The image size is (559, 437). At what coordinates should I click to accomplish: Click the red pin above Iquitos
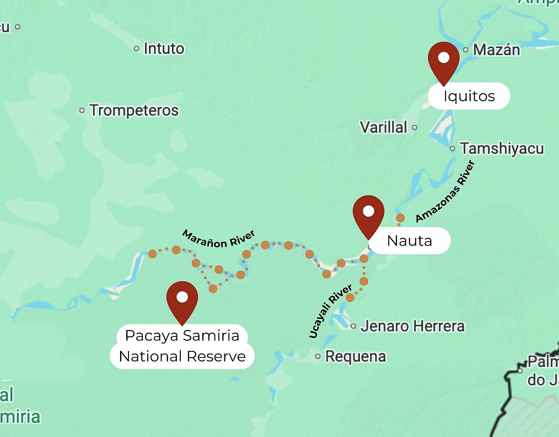pyautogui.click(x=444, y=61)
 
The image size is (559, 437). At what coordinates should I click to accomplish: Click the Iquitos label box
pyautogui.click(x=469, y=96)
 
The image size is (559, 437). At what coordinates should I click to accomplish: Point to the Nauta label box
pyautogui.click(x=410, y=240)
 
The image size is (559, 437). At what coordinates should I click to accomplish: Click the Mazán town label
pyautogui.click(x=497, y=50)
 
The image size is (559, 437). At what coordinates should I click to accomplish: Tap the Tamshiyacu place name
pyautogui.click(x=502, y=149)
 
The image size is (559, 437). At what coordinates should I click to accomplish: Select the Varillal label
pyautogui.click(x=383, y=127)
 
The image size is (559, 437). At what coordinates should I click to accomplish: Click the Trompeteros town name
pyautogui.click(x=134, y=111)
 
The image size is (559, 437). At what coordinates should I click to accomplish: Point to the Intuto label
pyautogui.click(x=164, y=49)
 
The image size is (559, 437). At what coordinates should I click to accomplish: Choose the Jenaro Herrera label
pyautogui.click(x=412, y=326)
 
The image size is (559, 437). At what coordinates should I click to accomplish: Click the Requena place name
pyautogui.click(x=355, y=357)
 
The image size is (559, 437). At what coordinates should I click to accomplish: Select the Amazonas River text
pyautogui.click(x=445, y=191)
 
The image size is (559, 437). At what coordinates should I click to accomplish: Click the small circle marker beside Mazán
pyautogui.click(x=466, y=50)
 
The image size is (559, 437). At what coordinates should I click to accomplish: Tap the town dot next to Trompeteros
pyautogui.click(x=82, y=111)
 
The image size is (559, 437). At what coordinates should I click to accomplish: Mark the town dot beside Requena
pyautogui.click(x=318, y=357)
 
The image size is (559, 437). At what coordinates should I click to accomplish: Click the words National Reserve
pyautogui.click(x=182, y=357)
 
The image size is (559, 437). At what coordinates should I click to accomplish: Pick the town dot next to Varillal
pyautogui.click(x=414, y=128)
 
